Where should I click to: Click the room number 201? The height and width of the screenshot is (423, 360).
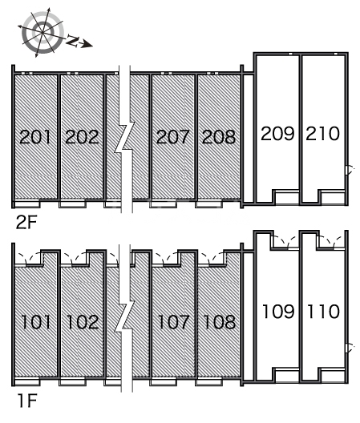[35, 137]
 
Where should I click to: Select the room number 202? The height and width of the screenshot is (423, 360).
[82, 137]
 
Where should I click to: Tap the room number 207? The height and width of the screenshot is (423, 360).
[173, 137]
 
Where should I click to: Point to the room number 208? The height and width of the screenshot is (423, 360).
[219, 137]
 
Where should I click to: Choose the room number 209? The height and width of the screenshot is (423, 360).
[277, 132]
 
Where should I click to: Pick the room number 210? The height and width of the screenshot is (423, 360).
[323, 132]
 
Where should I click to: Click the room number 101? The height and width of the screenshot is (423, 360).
[35, 323]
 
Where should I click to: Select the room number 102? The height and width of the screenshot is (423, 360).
[82, 323]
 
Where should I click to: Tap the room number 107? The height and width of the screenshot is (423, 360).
[173, 323]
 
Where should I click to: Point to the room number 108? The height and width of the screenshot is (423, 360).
[219, 323]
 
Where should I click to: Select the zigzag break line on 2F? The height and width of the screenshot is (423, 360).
[123, 140]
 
